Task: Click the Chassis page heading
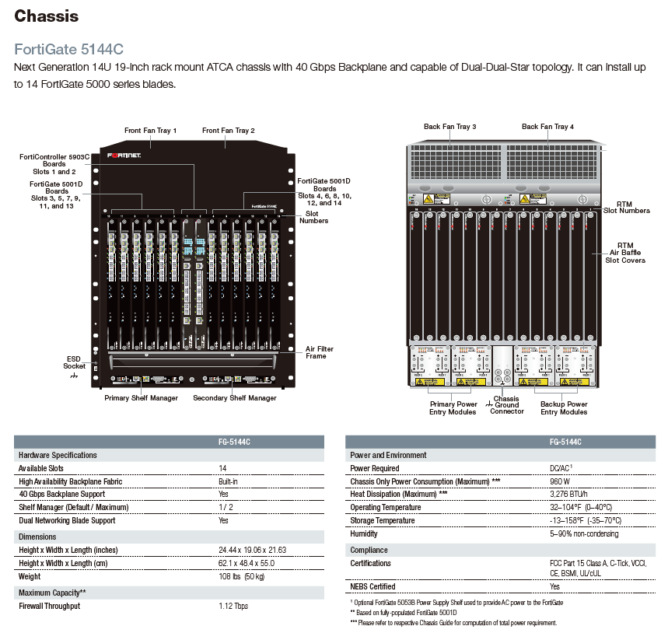(x=47, y=15)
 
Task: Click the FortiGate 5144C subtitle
(x=69, y=48)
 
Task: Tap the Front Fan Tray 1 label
(x=151, y=130)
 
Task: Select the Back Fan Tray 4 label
(x=547, y=126)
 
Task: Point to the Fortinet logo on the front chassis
(x=130, y=155)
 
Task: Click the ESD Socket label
(x=75, y=362)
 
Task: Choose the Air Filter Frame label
(x=320, y=352)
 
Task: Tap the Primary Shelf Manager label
(x=142, y=397)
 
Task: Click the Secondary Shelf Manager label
(x=235, y=397)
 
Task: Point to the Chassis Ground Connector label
(x=506, y=404)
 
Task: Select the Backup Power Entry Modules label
(x=564, y=407)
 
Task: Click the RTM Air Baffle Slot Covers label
(x=625, y=253)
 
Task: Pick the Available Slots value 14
(x=223, y=468)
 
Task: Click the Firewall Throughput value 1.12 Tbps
(x=233, y=606)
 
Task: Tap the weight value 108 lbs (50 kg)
(x=242, y=576)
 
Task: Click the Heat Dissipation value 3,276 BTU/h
(x=569, y=494)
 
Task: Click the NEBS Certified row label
(x=372, y=586)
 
